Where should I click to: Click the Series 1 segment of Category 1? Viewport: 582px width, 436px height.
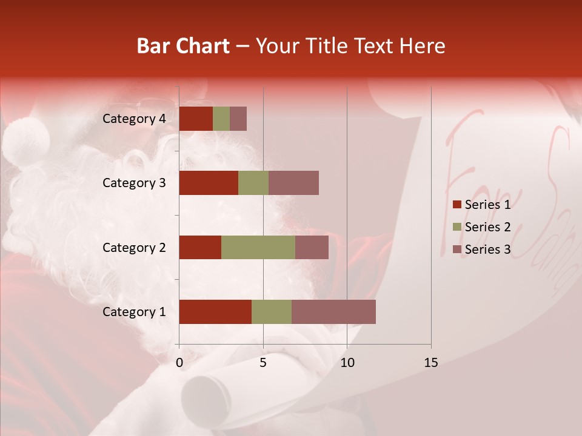click(x=215, y=312)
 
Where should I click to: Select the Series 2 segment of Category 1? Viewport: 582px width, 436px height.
click(x=272, y=312)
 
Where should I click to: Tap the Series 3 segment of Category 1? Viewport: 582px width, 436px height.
click(x=333, y=312)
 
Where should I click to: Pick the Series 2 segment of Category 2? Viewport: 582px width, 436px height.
click(x=258, y=247)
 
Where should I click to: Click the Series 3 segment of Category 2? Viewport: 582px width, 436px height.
click(x=312, y=247)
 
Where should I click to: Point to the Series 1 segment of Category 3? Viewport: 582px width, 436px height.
click(x=209, y=183)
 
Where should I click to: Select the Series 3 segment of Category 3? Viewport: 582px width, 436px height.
click(x=293, y=183)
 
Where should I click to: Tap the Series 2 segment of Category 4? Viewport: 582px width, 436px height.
click(x=221, y=119)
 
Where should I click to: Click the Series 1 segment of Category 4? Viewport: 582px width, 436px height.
click(x=196, y=119)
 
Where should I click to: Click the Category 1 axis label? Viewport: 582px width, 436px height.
click(x=134, y=312)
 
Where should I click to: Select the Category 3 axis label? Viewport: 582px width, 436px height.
click(x=134, y=183)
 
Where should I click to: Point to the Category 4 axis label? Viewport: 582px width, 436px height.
click(x=134, y=119)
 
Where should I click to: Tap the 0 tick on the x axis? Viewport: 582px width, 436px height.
click(x=179, y=363)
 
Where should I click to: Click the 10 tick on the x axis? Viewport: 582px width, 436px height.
click(x=347, y=363)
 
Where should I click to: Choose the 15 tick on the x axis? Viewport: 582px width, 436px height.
click(x=430, y=363)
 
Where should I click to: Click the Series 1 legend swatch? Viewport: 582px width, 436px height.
click(x=457, y=205)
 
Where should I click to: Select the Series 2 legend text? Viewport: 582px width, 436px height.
click(x=487, y=227)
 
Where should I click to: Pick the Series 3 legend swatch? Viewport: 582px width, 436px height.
click(x=457, y=249)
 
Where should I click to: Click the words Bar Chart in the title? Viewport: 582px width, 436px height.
click(x=183, y=45)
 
